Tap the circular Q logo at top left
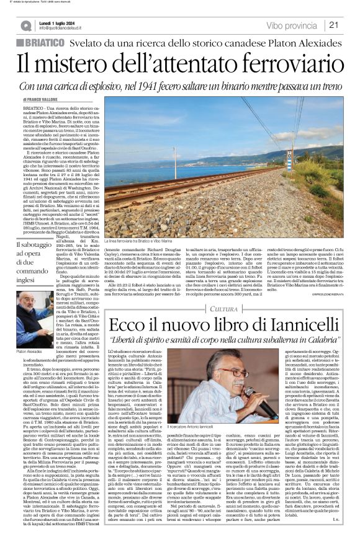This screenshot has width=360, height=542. pyautogui.click(x=25, y=25)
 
